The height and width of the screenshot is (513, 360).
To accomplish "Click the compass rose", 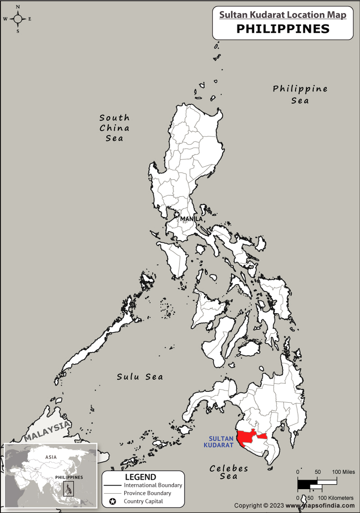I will tap(18, 19).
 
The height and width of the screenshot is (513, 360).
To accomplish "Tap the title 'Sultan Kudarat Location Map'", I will tap(283, 15).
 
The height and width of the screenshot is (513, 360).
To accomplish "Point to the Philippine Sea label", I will tap(300, 95).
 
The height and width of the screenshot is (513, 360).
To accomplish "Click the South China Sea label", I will tap(114, 128).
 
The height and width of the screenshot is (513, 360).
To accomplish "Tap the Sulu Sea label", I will tap(140, 377).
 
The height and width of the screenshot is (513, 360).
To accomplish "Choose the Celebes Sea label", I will tap(229, 472).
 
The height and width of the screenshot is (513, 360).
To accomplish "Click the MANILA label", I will tap(191, 219).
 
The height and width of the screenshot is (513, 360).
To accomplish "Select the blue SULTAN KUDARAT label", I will tap(221, 442).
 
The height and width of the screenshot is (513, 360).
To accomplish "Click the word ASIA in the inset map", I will tap(51, 457).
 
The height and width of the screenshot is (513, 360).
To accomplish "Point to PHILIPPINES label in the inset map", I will tap(69, 477).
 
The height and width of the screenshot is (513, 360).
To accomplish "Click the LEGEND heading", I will tap(140, 477).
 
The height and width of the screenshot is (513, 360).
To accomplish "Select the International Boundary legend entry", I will tap(153, 485).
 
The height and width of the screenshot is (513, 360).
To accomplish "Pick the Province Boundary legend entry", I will tap(147, 493).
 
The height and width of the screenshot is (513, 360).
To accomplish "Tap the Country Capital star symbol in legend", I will tap(113, 501).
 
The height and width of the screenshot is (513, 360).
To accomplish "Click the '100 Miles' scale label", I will tap(343, 472).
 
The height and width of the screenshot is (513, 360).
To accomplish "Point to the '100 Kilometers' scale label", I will tap(336, 498).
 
